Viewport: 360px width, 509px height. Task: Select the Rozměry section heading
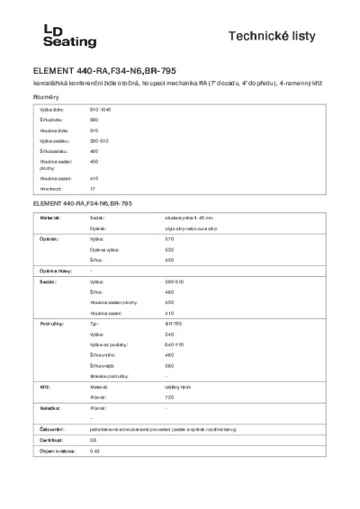click(x=47, y=96)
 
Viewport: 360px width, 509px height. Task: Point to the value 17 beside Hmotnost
click(x=92, y=190)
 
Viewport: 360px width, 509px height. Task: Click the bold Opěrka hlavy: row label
click(x=53, y=270)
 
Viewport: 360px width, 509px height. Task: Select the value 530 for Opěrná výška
click(x=169, y=249)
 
